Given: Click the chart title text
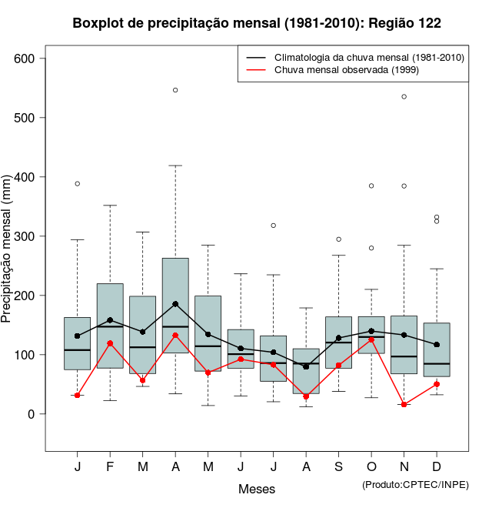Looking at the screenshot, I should tap(257, 23).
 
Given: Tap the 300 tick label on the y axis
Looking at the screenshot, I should tap(31, 236).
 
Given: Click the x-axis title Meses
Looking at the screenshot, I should tap(257, 489).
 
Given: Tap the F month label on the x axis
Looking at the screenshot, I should tap(110, 467).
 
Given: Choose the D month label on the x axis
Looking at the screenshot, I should tap(437, 467).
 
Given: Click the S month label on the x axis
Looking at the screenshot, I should tap(338, 467).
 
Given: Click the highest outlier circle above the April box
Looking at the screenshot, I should tap(175, 90).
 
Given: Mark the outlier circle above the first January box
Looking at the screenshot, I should tap(78, 184).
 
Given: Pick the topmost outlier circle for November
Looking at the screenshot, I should tap(404, 96).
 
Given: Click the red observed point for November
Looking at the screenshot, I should tap(404, 404).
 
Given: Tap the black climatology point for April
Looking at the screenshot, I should tap(175, 304).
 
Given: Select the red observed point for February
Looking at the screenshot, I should tap(110, 343).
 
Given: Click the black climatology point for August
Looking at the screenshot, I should tap(306, 366).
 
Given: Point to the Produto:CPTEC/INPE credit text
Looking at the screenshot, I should tap(415, 484).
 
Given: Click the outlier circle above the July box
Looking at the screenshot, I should tap(274, 226).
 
